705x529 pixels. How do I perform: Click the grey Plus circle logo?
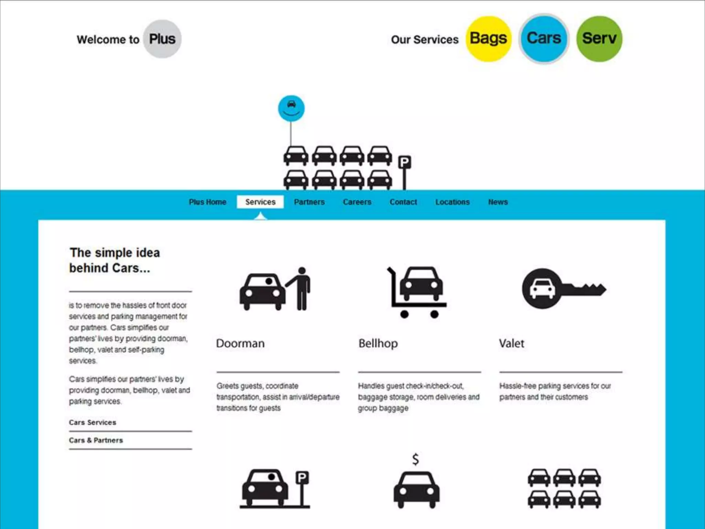pyautogui.click(x=162, y=39)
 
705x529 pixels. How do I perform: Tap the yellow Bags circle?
pyautogui.click(x=488, y=39)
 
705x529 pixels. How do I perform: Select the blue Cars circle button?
pyautogui.click(x=544, y=39)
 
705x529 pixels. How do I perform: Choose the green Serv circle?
pyautogui.click(x=599, y=39)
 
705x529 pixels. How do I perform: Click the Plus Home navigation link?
pyautogui.click(x=208, y=202)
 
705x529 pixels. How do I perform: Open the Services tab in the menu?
pyautogui.click(x=260, y=202)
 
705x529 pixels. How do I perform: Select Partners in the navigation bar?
pyautogui.click(x=309, y=202)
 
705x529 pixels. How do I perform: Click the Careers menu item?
pyautogui.click(x=357, y=202)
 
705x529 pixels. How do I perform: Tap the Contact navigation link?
pyautogui.click(x=403, y=202)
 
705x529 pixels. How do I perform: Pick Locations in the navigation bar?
pyautogui.click(x=452, y=202)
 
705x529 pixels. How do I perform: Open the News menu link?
pyautogui.click(x=498, y=202)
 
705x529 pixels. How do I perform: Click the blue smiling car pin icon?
pyautogui.click(x=291, y=108)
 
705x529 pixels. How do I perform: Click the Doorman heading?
pyautogui.click(x=240, y=343)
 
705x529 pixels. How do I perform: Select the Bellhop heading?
pyautogui.click(x=378, y=343)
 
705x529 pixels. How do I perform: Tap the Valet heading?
pyautogui.click(x=512, y=343)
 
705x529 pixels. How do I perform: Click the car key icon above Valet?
pyautogui.click(x=563, y=289)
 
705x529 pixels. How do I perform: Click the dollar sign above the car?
pyautogui.click(x=416, y=459)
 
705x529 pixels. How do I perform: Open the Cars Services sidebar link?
pyautogui.click(x=93, y=423)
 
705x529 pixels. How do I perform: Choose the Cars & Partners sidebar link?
pyautogui.click(x=96, y=440)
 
